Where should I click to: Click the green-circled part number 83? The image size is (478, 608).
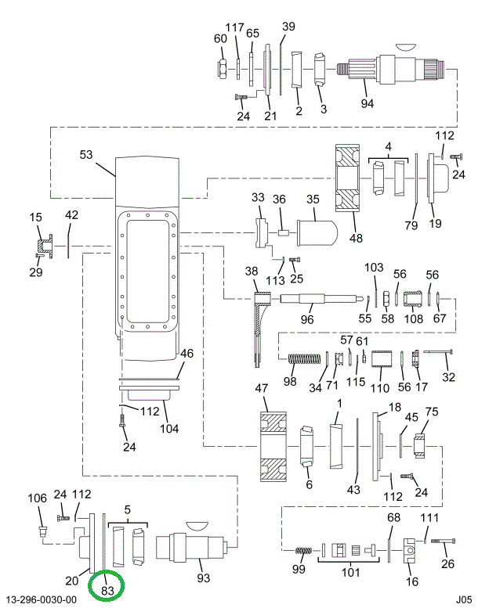(x=107, y=590)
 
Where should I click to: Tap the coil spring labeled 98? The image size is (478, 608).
(x=304, y=359)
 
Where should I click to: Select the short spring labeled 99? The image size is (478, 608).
(x=304, y=551)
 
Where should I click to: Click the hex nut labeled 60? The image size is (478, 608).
(x=223, y=68)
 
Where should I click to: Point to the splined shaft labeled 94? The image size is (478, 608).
(x=395, y=69)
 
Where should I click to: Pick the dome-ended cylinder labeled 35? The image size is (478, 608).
(x=317, y=232)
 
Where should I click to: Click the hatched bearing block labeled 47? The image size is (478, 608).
(x=273, y=447)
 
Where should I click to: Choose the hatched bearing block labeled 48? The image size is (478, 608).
(x=348, y=178)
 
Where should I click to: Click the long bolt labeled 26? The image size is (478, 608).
(x=443, y=541)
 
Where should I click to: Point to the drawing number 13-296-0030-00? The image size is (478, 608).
(x=42, y=600)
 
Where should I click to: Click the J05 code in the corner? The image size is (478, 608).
(x=464, y=599)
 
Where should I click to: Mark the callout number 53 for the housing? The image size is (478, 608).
(x=86, y=155)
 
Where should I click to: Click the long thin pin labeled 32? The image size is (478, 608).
(x=439, y=351)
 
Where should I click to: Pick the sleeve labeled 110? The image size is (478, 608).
(x=382, y=358)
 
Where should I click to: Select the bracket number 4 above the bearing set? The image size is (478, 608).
(x=389, y=146)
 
